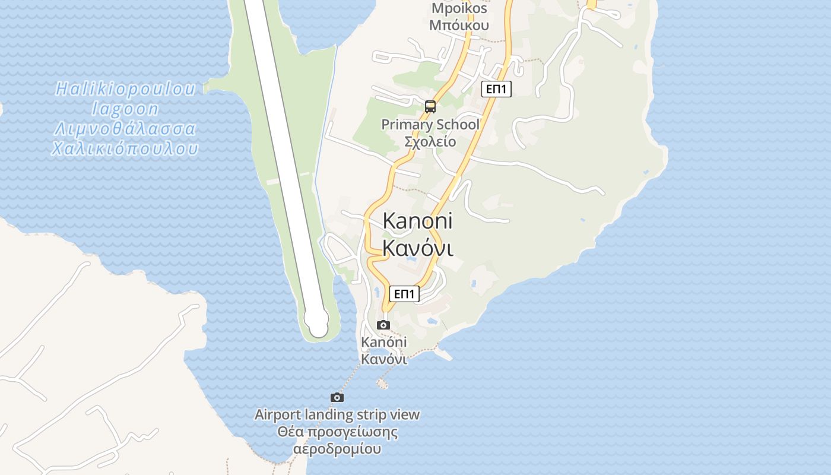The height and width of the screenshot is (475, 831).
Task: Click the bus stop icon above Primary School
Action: pyautogui.click(x=430, y=107)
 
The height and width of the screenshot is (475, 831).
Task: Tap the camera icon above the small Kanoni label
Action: pyautogui.click(x=383, y=325)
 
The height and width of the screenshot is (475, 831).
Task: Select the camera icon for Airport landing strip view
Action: pyautogui.click(x=337, y=397)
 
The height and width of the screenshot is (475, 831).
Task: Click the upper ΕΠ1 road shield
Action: pyautogui.click(x=496, y=89)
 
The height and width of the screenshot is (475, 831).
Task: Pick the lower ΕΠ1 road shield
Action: pyautogui.click(x=404, y=294)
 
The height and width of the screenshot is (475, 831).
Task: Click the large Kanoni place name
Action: pyautogui.click(x=417, y=221)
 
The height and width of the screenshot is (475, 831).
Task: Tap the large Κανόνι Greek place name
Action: pyautogui.click(x=418, y=248)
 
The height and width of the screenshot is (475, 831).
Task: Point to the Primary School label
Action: pyautogui.click(x=430, y=125)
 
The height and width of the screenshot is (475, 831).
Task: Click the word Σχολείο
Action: pyautogui.click(x=430, y=141)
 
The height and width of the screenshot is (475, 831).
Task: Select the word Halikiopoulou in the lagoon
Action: pyautogui.click(x=125, y=89)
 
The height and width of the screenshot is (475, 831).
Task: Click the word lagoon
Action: pyautogui.click(x=125, y=109)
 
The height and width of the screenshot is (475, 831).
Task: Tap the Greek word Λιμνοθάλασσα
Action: pyautogui.click(x=125, y=128)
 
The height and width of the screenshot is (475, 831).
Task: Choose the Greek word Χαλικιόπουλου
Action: pyautogui.click(x=125, y=148)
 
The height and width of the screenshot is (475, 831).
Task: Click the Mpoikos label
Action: pyautogui.click(x=459, y=8)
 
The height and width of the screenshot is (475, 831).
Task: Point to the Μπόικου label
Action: pyautogui.click(x=459, y=25)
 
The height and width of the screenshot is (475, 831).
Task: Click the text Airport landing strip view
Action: pyautogui.click(x=337, y=414)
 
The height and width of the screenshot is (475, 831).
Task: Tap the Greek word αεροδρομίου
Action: pyautogui.click(x=337, y=449)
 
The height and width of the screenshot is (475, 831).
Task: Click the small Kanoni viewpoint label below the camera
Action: pyautogui.click(x=384, y=342)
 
